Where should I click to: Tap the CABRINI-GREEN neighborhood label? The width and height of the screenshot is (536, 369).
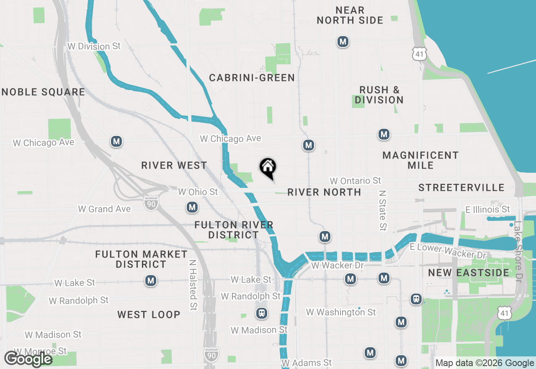click(x=252, y=78)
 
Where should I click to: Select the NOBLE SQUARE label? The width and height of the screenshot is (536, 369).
click(x=43, y=92)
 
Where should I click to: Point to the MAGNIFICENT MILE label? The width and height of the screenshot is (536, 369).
click(x=421, y=160)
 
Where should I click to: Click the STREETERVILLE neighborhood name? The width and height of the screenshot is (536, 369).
click(x=461, y=187)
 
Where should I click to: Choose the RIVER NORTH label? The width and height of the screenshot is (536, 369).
click(x=324, y=192)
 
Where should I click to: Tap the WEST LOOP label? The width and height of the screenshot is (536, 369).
click(x=149, y=314)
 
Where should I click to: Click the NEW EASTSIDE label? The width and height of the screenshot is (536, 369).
click(x=469, y=273)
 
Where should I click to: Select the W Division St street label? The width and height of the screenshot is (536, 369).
click(x=94, y=47)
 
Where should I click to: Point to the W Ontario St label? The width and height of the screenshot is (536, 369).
click(x=356, y=181)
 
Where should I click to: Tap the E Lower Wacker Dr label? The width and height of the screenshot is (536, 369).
click(x=448, y=251)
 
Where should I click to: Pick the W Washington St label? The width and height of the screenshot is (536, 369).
click(x=341, y=312)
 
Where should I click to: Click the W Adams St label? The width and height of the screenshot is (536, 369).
click(x=307, y=363)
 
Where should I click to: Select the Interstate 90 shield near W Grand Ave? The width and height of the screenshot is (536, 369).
click(x=151, y=203)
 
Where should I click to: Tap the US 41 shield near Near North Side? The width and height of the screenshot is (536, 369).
click(x=420, y=53)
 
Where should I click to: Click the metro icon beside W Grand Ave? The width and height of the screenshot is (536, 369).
click(x=192, y=207)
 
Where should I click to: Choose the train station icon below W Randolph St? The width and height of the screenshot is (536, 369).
click(x=262, y=313)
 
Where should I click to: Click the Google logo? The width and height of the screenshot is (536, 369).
click(x=28, y=359)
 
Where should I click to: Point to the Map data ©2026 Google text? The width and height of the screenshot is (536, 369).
click(x=484, y=363)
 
